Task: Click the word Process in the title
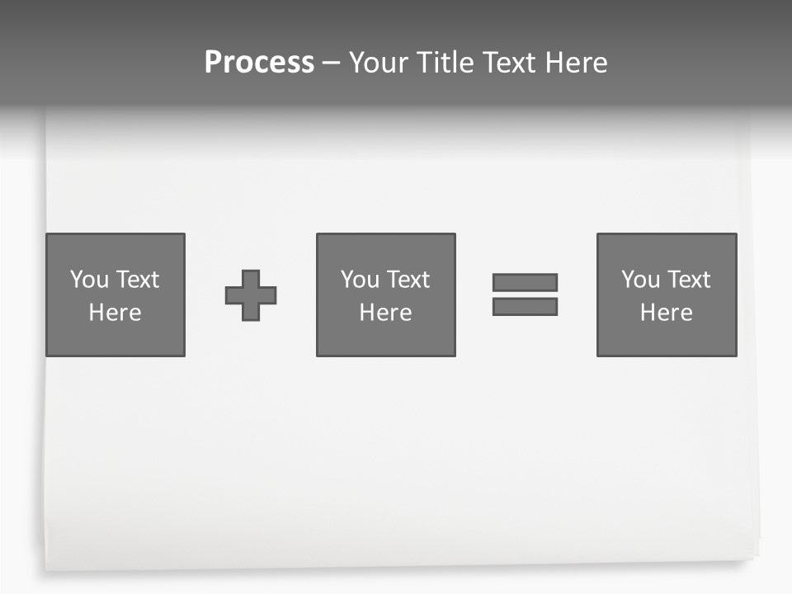259,63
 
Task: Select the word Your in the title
379,63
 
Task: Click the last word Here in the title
577,63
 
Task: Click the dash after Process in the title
332,64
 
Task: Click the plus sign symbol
251,295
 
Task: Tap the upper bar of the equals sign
525,282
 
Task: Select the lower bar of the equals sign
525,306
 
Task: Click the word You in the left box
90,280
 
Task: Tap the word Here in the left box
115,313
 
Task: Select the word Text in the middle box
408,280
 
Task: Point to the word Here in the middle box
386,313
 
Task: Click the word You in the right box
641,280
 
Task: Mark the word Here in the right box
667,313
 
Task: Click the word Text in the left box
138,280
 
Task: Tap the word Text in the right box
689,280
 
